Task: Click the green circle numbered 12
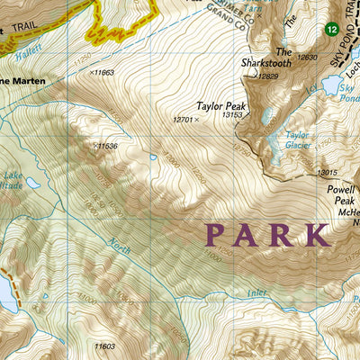pyautogui.click(x=333, y=31)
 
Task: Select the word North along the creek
pyautogui.click(x=119, y=242)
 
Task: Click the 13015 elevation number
pyautogui.click(x=328, y=173)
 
